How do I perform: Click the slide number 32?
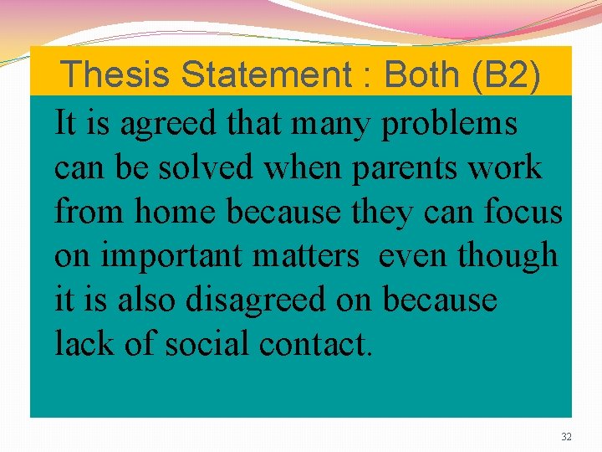click(x=566, y=437)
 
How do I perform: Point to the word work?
click(x=505, y=167)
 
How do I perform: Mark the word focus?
click(x=523, y=212)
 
